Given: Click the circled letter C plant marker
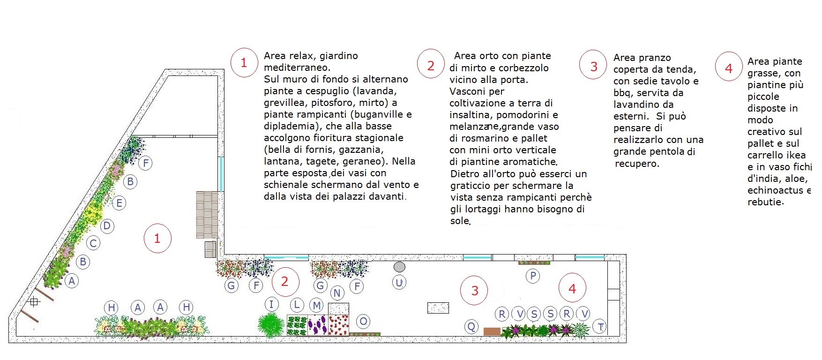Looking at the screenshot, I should (93, 243).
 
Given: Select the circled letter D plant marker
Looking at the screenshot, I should (107, 226).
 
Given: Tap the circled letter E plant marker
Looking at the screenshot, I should (119, 203).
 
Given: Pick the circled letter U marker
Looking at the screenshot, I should (399, 283).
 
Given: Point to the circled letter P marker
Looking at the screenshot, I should (533, 276).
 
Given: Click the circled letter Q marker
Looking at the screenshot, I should (471, 327).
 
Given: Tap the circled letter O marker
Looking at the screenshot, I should (363, 322).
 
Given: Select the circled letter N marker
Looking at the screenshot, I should (337, 293).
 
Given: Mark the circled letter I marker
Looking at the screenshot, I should (271, 304).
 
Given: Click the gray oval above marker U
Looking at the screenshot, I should (399, 267).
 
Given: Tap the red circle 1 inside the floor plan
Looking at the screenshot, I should (157, 239).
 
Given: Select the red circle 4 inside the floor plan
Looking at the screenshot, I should (572, 289).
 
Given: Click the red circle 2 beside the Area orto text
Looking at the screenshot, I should (431, 66).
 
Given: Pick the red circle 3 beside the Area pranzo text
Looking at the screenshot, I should (594, 67).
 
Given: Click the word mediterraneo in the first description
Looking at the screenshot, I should (296, 67).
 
